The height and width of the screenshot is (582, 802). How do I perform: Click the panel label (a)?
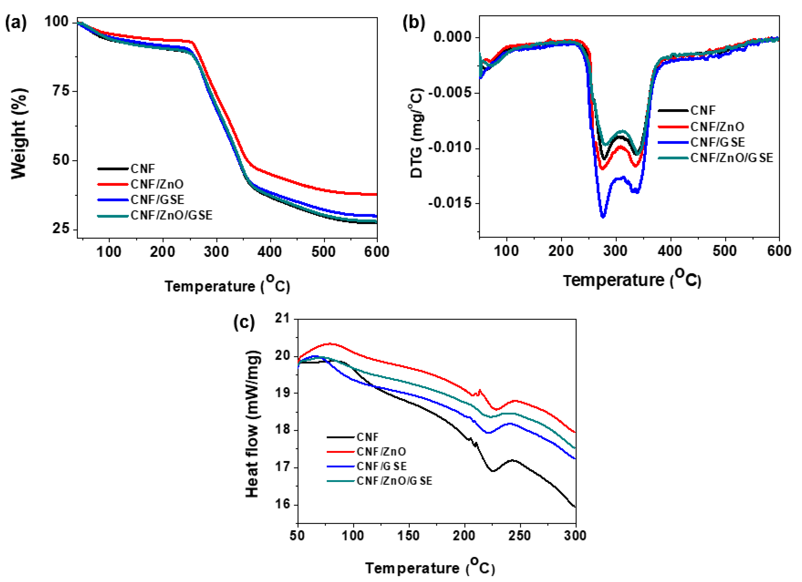[x=16, y=23]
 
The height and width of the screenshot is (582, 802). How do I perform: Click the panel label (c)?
[x=244, y=322]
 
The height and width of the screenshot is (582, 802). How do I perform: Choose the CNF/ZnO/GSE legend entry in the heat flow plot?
[x=394, y=481]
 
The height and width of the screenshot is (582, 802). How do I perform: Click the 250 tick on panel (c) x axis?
[x=520, y=536]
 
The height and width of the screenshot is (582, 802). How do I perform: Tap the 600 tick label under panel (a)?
[x=377, y=252]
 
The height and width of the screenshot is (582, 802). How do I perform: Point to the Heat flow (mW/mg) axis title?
[x=252, y=424]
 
